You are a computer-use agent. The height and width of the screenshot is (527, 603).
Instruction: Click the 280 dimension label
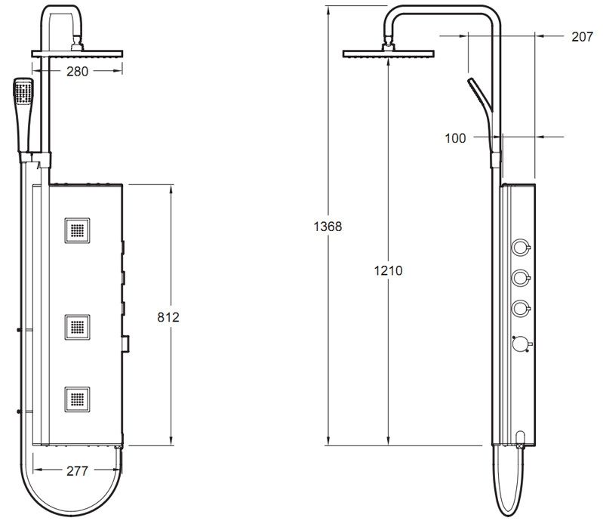pyautogui.click(x=77, y=72)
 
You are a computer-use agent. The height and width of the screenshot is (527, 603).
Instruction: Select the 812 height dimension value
pyautogui.click(x=167, y=318)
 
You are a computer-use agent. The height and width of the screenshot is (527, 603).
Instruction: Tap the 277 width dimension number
pyautogui.click(x=76, y=471)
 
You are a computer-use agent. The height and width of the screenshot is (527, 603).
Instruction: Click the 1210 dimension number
pyautogui.click(x=387, y=271)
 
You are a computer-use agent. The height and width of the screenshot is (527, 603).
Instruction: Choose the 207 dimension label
pyautogui.click(x=582, y=36)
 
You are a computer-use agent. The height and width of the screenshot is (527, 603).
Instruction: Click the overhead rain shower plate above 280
pyautogui.click(x=77, y=53)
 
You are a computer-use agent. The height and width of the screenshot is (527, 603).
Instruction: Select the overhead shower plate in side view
pyautogui.click(x=389, y=54)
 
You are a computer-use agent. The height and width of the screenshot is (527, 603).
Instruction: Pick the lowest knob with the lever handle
pyautogui.click(x=521, y=344)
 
